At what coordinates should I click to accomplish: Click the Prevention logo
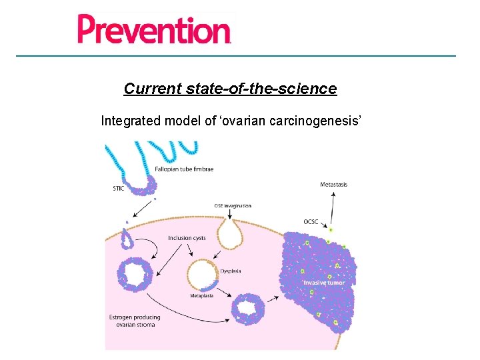[154, 29]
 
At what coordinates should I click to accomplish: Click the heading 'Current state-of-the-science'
[230, 89]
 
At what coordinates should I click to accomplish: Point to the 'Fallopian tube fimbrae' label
[184, 169]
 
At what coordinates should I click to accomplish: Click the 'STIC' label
[118, 189]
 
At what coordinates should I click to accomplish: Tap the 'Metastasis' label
[333, 184]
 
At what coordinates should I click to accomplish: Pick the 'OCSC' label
[311, 222]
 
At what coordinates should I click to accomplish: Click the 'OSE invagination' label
[233, 206]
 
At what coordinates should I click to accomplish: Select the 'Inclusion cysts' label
[187, 238]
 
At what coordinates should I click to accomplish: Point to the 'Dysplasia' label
[230, 271]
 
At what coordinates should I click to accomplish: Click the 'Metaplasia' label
[201, 295]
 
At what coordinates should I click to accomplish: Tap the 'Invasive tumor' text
[323, 283]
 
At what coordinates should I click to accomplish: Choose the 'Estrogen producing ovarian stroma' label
[133, 321]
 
